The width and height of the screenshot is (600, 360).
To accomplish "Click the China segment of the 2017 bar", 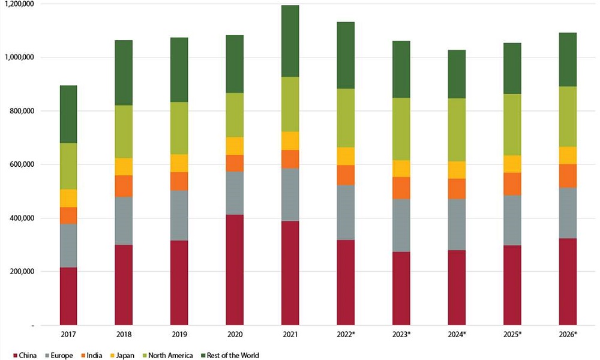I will pos(68,296).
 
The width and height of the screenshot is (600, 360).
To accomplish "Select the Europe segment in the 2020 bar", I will pos(235,193).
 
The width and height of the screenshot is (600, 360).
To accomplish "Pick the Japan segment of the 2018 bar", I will pos(124,167).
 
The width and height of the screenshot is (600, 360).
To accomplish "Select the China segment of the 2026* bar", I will pos(568,281).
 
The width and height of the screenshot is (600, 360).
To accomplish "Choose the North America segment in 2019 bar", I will pos(179,128).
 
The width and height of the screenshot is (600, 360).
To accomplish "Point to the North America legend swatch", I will pos(139,355).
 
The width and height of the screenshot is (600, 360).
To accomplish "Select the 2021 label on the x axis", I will pos(291,334).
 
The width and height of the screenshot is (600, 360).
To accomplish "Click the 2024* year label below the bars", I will pos(457,334).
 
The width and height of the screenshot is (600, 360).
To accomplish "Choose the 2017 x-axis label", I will pos(68,334).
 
